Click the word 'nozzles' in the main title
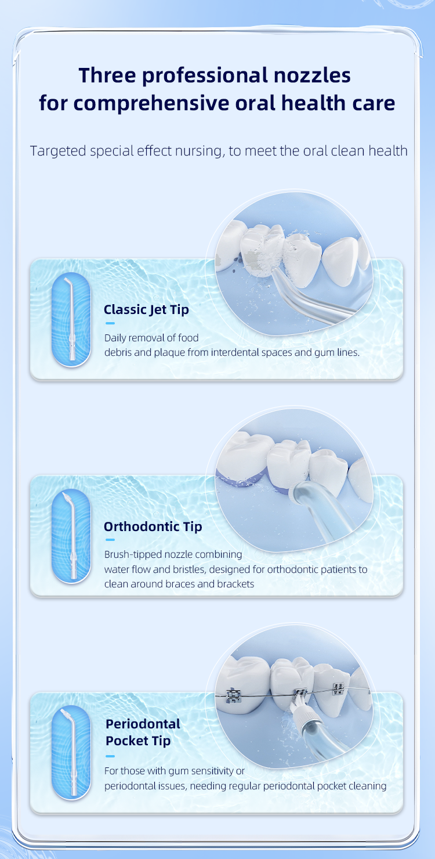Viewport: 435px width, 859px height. [x=312, y=75]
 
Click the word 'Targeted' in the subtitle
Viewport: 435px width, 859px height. [x=58, y=151]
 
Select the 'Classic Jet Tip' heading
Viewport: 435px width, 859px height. [x=146, y=310]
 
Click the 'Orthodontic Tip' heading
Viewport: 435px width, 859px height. [x=153, y=527]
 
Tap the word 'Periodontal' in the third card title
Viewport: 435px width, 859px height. [x=143, y=724]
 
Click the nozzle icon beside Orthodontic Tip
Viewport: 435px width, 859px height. [x=71, y=535]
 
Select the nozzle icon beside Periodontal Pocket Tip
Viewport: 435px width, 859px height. [x=71, y=752]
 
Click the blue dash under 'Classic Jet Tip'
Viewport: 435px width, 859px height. [x=110, y=323]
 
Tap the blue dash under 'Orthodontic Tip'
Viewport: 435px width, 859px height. [x=110, y=540]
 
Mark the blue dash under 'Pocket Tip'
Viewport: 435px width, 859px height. [x=110, y=756]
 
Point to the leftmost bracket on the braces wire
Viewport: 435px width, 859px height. [x=233, y=696]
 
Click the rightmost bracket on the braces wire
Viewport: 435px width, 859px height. [x=338, y=689]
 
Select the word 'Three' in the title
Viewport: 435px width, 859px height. [x=107, y=75]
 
